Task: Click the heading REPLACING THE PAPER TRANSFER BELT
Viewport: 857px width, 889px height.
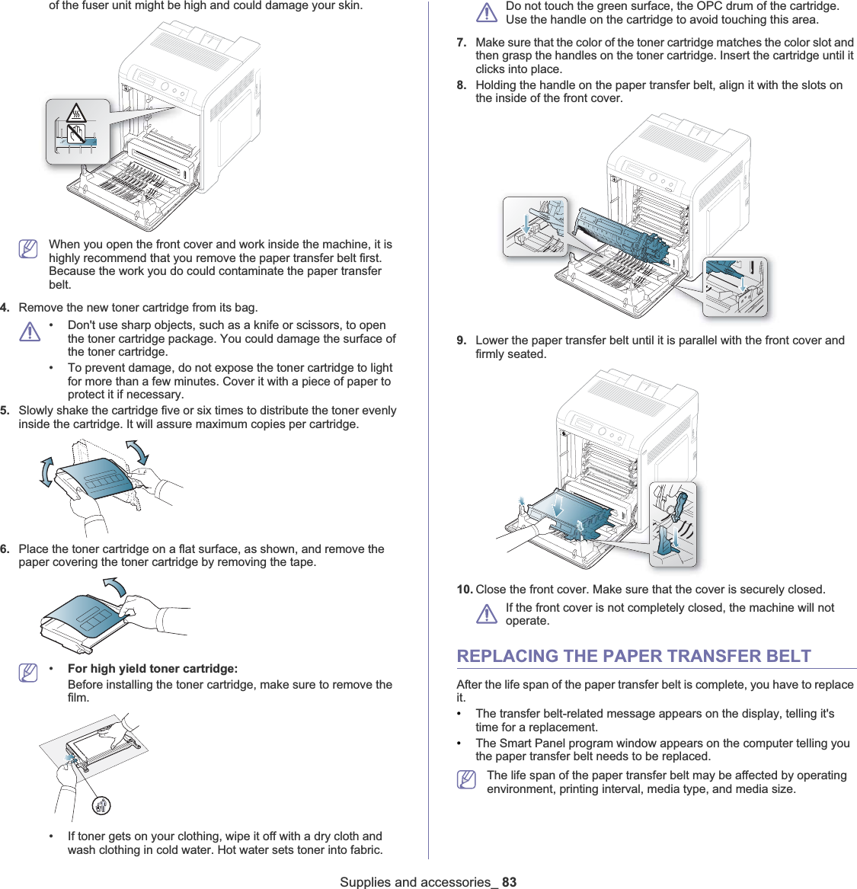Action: [633, 656]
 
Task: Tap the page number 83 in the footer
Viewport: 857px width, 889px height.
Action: [509, 881]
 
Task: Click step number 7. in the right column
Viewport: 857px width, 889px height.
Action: [462, 43]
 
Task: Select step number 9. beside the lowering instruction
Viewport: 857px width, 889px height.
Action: [462, 341]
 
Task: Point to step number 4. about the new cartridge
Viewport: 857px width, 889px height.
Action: [5, 308]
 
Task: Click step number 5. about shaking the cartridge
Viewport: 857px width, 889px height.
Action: [5, 411]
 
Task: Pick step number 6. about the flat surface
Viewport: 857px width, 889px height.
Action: [5, 549]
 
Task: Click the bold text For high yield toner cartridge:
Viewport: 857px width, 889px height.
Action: [152, 669]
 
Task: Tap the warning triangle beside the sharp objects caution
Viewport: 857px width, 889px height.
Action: [30, 331]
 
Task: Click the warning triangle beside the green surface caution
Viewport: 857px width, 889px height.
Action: [487, 12]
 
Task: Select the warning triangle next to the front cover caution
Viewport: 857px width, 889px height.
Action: [487, 614]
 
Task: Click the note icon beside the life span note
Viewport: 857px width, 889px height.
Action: [467, 780]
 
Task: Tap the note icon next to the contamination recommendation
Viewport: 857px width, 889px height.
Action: [28, 249]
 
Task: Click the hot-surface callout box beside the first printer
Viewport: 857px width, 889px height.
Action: [77, 132]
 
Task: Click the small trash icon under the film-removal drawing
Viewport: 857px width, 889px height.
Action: [101, 805]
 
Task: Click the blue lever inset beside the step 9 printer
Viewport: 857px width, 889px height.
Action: [673, 524]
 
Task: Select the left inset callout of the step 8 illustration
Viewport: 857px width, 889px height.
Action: [535, 226]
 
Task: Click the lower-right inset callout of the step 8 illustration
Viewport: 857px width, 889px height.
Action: [734, 286]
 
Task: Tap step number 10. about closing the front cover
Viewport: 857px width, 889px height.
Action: [464, 590]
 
